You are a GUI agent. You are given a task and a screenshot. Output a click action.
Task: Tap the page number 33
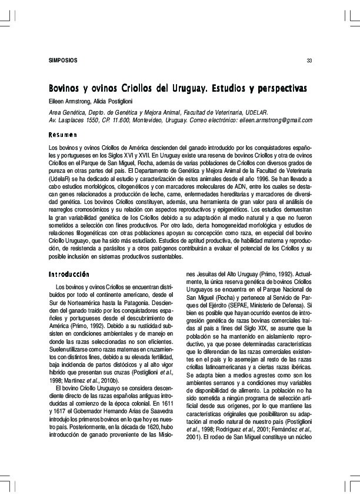point(309,62)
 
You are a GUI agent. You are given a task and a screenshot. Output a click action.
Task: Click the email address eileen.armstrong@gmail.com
point(274,120)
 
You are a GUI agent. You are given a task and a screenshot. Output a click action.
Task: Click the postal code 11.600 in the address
point(117,120)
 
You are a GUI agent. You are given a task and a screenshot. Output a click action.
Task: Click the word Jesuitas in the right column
point(208,275)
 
